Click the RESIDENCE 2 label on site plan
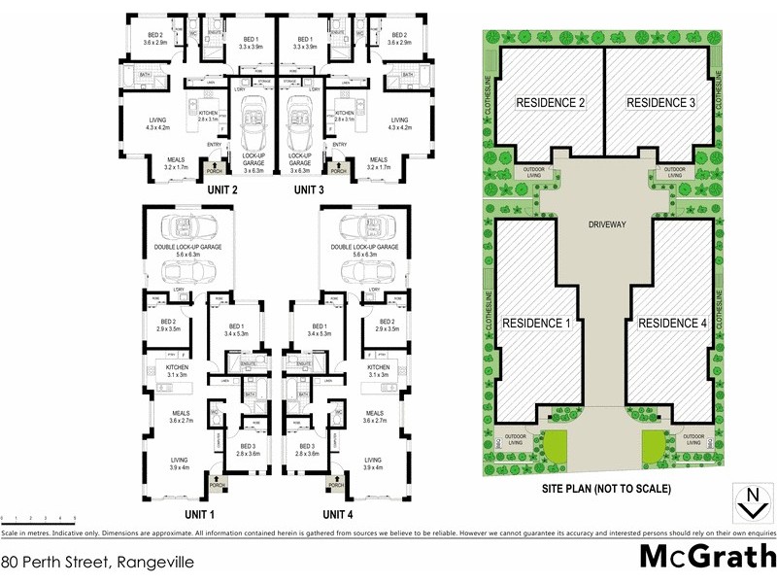pyautogui.click(x=549, y=103)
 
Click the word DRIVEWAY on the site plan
pyautogui.click(x=606, y=223)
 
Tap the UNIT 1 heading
pyautogui.click(x=200, y=513)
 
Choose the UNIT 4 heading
pyautogui.click(x=337, y=513)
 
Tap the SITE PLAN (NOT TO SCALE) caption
pyautogui.click(x=606, y=489)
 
